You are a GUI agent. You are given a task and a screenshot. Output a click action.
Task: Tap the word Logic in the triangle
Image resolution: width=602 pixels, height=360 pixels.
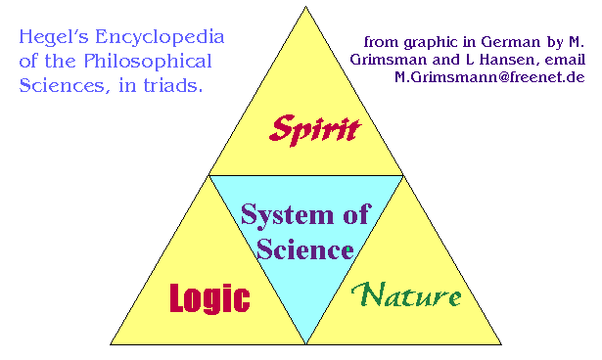(209, 297)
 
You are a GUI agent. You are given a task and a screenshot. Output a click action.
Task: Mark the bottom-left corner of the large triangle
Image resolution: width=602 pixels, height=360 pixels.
(111, 344)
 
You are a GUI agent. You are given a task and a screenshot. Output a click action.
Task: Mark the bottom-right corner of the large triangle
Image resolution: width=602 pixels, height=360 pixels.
(502, 344)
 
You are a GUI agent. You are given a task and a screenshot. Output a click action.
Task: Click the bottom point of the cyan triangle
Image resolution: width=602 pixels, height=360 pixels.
(306, 343)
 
